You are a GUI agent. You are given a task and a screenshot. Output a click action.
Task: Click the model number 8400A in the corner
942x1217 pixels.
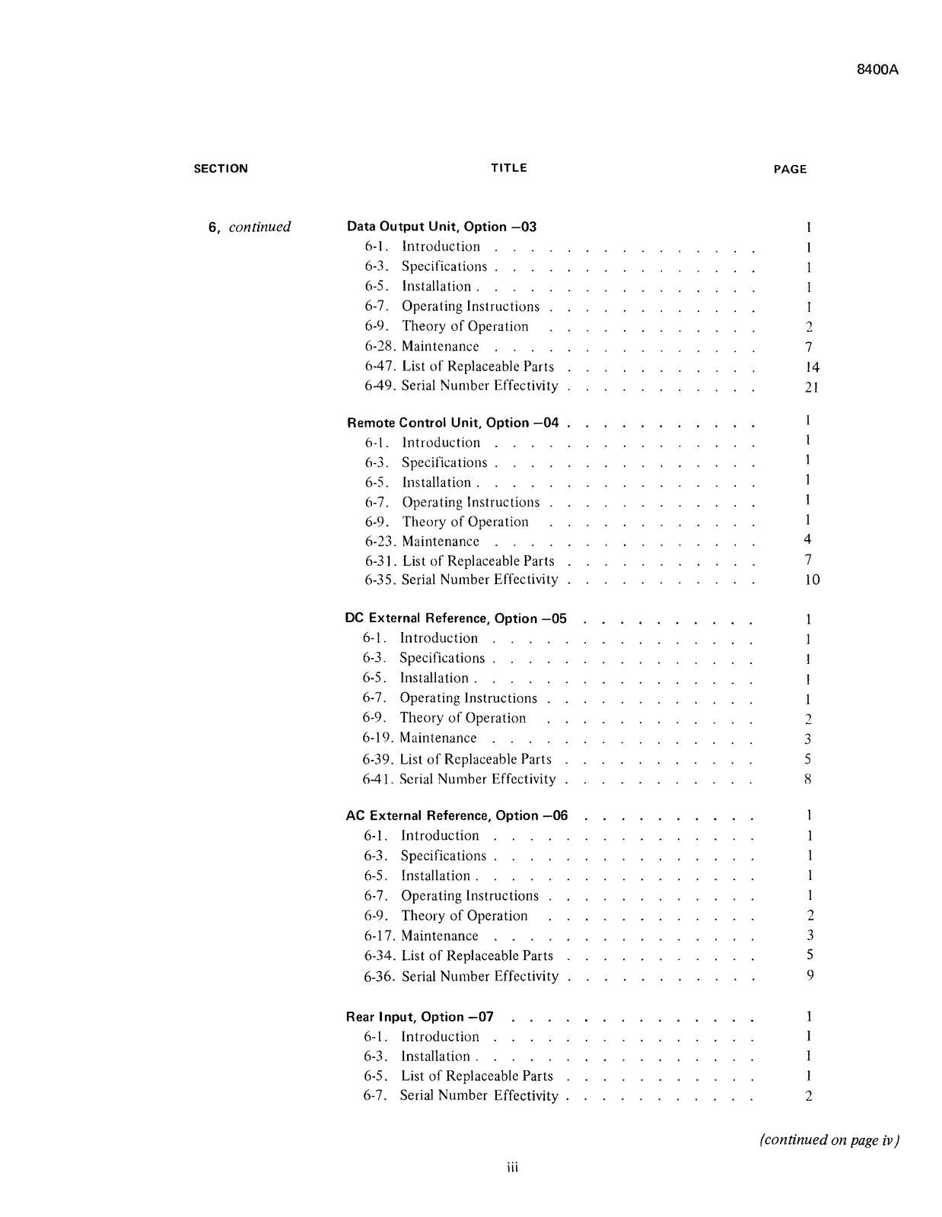click(877, 69)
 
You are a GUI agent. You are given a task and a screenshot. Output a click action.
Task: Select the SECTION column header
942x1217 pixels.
click(221, 169)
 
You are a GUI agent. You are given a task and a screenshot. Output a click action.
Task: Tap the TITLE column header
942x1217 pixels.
click(509, 168)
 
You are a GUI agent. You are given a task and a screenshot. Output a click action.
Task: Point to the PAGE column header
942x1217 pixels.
click(790, 170)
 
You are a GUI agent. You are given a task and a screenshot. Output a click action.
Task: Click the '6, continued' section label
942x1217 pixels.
click(250, 227)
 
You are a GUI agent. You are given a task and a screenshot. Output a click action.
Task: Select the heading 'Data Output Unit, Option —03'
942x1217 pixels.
click(441, 227)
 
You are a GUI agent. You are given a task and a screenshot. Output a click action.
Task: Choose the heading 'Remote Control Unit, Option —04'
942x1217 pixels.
click(453, 423)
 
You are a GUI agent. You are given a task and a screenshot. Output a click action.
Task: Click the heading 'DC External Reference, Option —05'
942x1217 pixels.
click(456, 618)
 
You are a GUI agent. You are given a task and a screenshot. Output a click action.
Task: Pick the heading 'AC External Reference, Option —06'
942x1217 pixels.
click(457, 815)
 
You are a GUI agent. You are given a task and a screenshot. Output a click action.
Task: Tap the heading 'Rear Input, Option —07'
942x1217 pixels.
click(420, 1016)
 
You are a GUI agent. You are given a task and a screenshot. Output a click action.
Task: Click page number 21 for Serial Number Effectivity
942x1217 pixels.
click(811, 387)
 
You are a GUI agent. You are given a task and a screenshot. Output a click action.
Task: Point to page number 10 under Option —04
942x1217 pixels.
click(812, 580)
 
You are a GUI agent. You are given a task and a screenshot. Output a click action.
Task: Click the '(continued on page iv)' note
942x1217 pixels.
click(829, 1139)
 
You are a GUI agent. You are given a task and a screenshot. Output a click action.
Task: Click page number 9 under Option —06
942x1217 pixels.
click(810, 975)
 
